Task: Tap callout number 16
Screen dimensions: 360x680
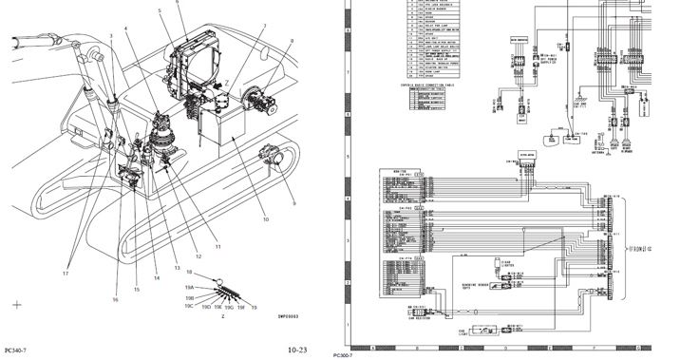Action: tap(115, 300)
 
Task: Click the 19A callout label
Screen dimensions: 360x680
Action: tap(190, 286)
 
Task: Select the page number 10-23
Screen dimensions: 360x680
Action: tap(297, 351)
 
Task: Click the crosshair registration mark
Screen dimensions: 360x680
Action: tap(17, 305)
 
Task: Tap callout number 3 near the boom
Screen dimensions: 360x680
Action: tap(110, 36)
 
